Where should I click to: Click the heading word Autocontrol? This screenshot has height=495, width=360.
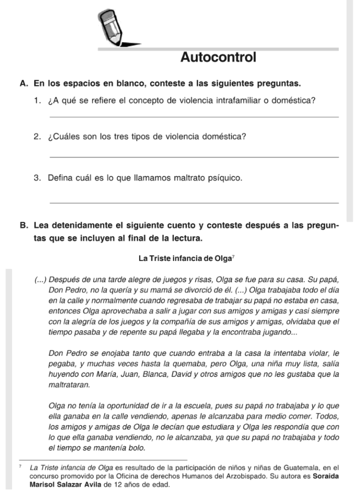point(218,58)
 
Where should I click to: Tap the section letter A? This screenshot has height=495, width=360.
point(23,84)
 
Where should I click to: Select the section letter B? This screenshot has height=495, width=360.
point(23,226)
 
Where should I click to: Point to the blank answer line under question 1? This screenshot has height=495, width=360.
point(193,116)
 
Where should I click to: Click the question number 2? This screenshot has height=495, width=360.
point(37,137)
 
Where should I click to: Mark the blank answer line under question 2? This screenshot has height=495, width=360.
point(193,157)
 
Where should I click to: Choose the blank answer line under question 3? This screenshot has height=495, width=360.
point(193,203)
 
